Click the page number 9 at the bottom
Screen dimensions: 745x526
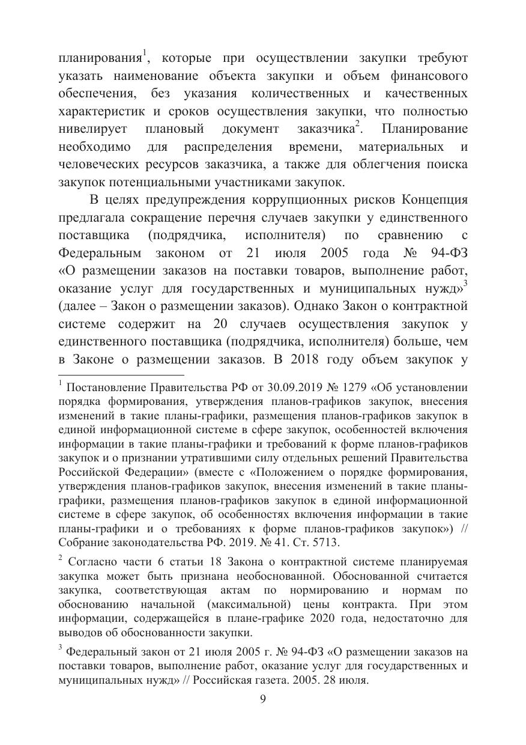263,699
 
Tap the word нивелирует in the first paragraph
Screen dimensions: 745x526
92,129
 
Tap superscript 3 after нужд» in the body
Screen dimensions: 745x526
465,281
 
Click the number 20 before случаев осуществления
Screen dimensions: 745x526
220,324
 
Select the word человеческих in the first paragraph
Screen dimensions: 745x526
98,164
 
